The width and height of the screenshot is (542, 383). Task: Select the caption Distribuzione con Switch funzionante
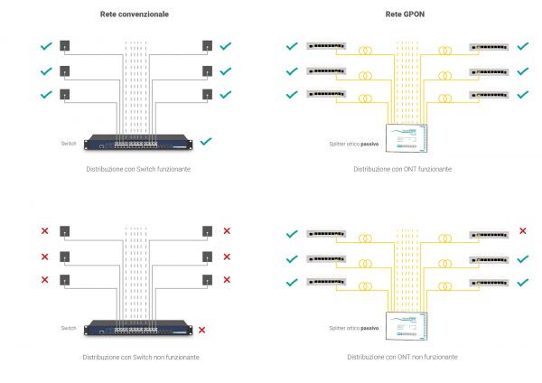138,169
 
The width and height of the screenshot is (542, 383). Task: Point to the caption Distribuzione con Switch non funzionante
138,358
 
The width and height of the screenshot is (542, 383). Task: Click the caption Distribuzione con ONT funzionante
403,169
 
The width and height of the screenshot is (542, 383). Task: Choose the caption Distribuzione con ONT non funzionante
403,358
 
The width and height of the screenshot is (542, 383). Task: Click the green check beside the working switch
207,141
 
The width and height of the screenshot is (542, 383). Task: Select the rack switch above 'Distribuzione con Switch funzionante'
138,142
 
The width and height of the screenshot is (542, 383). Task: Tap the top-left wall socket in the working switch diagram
65,45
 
